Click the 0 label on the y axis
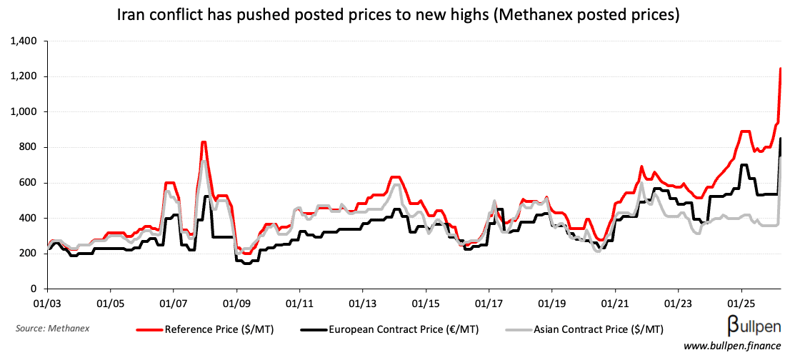coord(34,289)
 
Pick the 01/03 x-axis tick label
coord(47,303)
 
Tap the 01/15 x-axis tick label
coord(426,303)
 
